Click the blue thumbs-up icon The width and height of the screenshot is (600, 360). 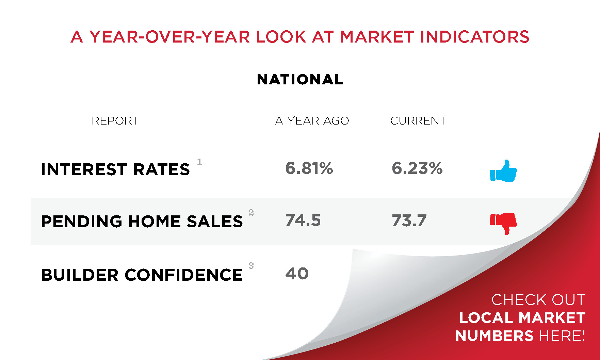[x=503, y=171]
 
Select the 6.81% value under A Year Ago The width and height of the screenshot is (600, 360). [x=309, y=168]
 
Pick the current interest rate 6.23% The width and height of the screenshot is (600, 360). [x=417, y=168]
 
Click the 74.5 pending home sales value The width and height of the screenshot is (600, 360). [x=303, y=220]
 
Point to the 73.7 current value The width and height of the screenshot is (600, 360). [x=409, y=220]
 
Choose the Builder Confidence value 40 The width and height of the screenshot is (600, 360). [x=297, y=274]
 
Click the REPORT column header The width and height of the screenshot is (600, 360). [x=115, y=121]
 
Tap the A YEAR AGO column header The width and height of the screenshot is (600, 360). [x=312, y=121]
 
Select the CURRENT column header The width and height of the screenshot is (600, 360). [x=418, y=121]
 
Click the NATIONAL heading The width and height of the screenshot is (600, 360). [x=300, y=80]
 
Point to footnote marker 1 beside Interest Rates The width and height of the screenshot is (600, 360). [x=199, y=162]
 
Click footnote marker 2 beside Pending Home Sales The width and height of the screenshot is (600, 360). [x=251, y=213]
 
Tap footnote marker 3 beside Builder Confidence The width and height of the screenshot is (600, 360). [x=251, y=266]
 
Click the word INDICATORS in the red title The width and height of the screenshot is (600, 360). [x=475, y=37]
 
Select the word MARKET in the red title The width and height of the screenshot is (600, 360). [x=377, y=37]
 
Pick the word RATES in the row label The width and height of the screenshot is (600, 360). [x=161, y=169]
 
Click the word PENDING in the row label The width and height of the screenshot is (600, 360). [x=81, y=222]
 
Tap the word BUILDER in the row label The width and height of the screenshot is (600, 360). [x=80, y=275]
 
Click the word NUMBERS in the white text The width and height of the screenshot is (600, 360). [x=494, y=336]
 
